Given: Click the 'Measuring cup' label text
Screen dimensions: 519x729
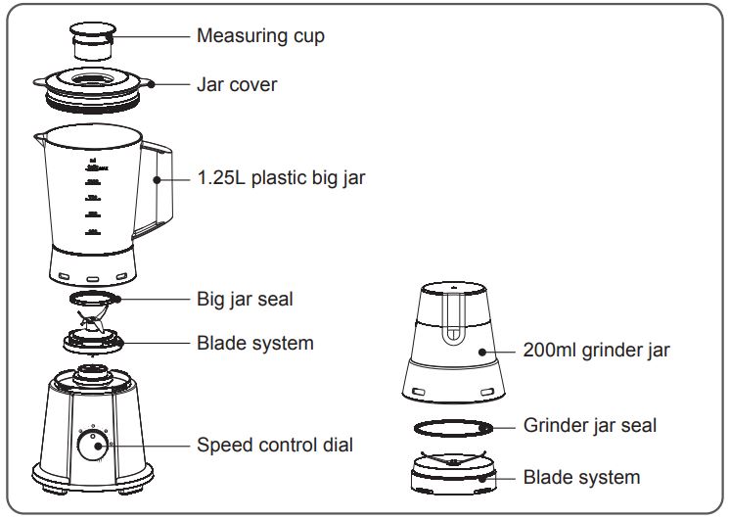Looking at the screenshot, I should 260,36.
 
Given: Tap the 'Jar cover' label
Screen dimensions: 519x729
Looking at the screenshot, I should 237,84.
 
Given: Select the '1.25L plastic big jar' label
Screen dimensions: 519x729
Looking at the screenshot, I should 281,178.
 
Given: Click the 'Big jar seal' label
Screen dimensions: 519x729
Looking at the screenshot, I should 245,298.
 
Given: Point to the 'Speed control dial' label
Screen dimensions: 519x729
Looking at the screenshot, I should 275,445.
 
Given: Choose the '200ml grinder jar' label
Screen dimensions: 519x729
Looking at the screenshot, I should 597,350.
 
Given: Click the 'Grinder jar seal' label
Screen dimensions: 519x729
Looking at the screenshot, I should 590,425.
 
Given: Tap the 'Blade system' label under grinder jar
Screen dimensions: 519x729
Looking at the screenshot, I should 581,477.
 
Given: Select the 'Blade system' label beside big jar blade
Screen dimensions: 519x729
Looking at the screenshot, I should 255,343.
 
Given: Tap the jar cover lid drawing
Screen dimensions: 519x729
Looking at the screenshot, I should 92,86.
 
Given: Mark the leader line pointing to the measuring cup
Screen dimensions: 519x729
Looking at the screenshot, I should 152,36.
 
